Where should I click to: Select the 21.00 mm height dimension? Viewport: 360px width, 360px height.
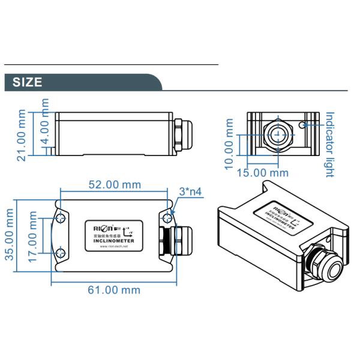(22, 136)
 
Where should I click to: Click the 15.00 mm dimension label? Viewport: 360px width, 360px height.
(262, 173)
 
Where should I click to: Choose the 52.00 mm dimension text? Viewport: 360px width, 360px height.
(114, 184)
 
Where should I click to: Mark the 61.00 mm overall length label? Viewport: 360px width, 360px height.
(114, 290)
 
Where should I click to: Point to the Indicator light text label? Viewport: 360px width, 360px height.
(329, 144)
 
